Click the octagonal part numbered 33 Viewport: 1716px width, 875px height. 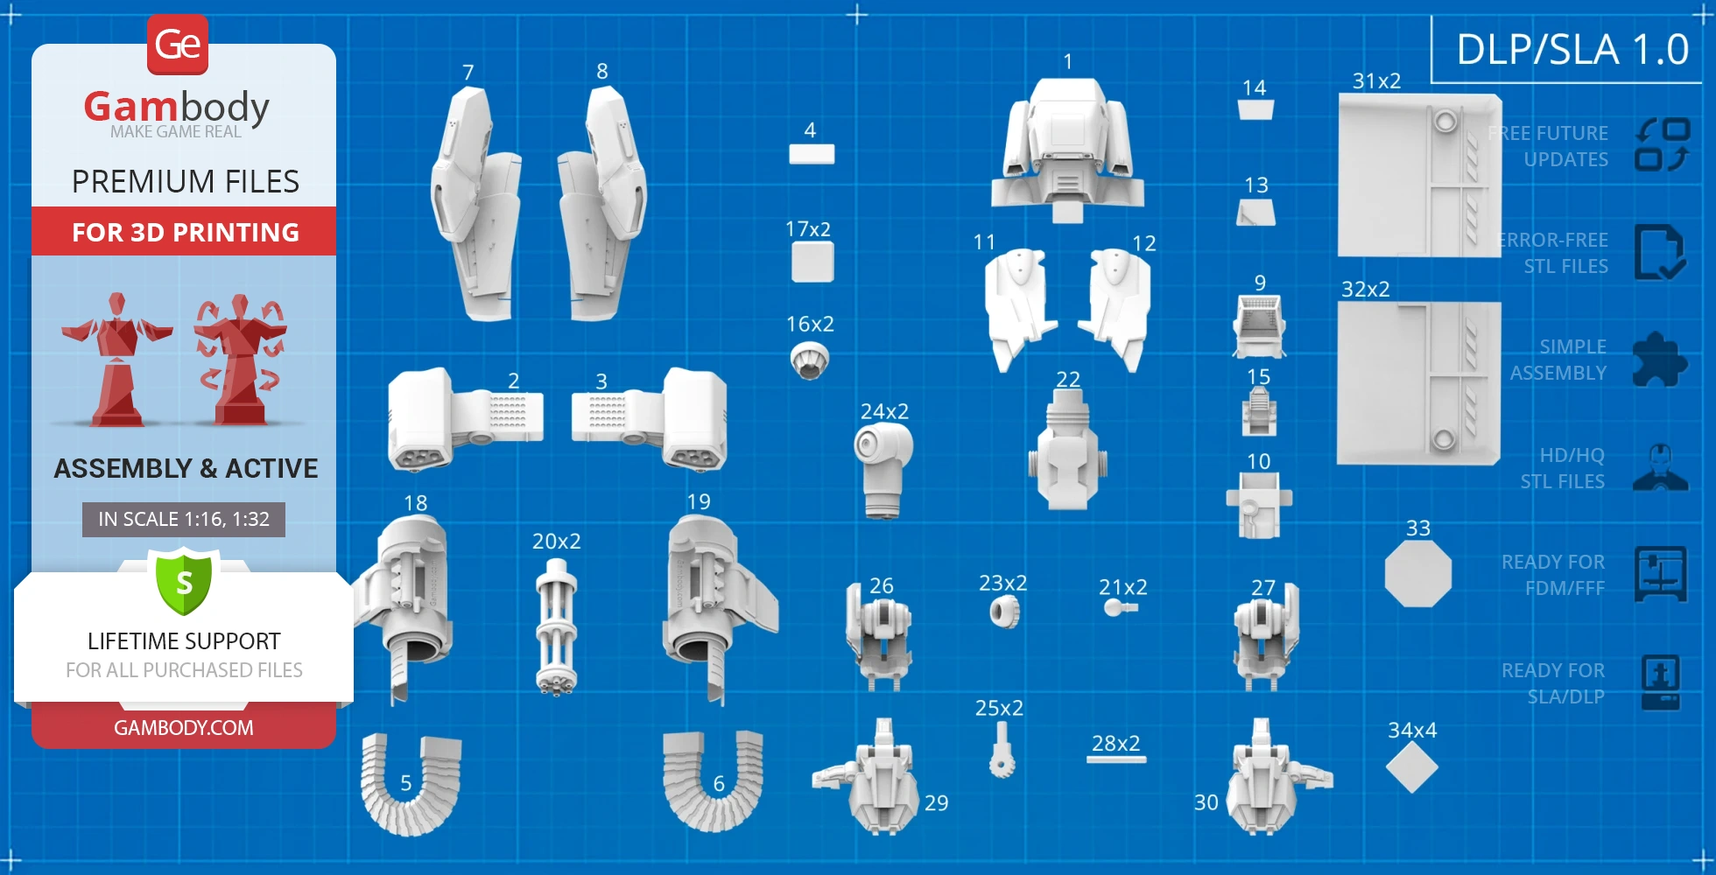coord(1418,574)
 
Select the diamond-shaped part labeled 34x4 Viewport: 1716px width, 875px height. coord(1411,768)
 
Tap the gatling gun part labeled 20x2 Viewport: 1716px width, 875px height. coord(556,627)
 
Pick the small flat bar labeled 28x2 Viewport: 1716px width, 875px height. coord(1116,759)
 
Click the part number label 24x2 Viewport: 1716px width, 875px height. coord(884,411)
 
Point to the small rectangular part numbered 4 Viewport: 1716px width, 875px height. coord(812,154)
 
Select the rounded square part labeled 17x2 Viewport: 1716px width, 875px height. coord(812,262)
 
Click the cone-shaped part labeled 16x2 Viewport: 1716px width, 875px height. coord(810,360)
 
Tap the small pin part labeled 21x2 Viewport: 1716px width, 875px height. coord(1119,607)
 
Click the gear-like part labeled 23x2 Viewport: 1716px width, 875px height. coord(1005,612)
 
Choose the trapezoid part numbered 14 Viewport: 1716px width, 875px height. coord(1255,109)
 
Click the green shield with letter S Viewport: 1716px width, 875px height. coord(184,582)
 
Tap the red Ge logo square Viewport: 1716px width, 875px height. coord(178,44)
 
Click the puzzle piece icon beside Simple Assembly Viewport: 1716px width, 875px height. coord(1659,360)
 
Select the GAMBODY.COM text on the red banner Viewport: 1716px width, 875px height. coord(184,728)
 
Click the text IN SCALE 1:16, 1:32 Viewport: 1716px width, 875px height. coord(184,519)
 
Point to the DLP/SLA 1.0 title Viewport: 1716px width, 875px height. coord(1572,49)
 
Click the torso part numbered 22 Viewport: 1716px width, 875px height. coord(1067,451)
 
